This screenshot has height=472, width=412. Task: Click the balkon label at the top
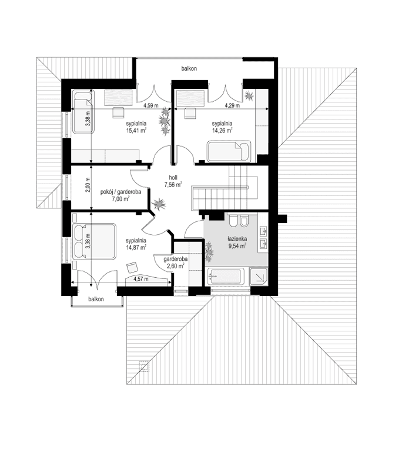pos(189,69)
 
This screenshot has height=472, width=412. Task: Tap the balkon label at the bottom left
pos(96,299)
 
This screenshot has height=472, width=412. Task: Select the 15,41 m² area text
pos(136,131)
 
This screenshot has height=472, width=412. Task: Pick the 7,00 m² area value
pos(121,199)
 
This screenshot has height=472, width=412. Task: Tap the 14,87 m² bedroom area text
pos(136,248)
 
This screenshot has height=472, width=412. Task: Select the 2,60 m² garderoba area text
pos(175,266)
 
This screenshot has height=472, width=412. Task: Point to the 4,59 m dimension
pos(152,106)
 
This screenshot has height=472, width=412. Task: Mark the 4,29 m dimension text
pos(230,106)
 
